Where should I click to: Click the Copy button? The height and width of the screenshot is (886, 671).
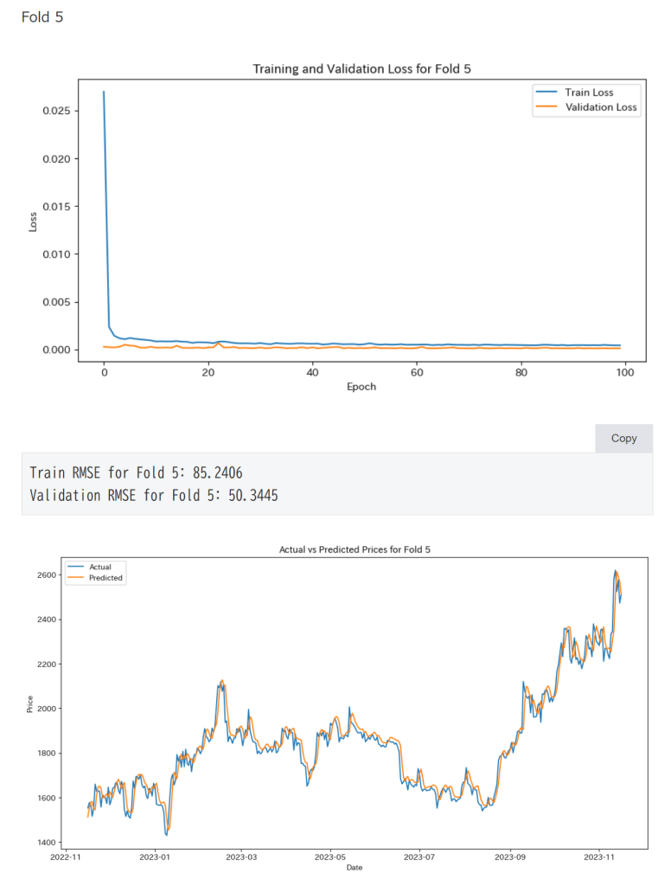click(x=623, y=438)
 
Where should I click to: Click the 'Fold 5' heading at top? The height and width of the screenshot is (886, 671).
click(x=42, y=16)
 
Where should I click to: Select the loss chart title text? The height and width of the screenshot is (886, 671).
click(x=361, y=68)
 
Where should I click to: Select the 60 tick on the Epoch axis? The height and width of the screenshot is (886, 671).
click(x=417, y=371)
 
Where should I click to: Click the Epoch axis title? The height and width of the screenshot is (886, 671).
click(x=361, y=387)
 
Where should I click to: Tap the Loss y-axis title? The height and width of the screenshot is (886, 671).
click(x=33, y=221)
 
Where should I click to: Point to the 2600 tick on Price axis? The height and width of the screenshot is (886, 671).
click(x=47, y=575)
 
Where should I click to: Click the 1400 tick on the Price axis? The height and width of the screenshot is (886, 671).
click(x=47, y=842)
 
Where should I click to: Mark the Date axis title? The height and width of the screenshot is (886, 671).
click(x=355, y=867)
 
